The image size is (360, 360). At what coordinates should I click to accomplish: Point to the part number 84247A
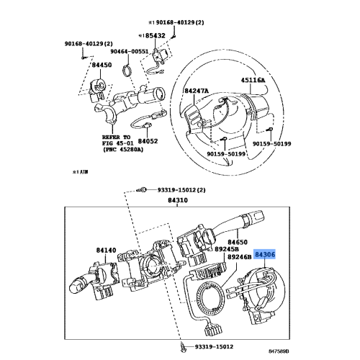pos(197,91)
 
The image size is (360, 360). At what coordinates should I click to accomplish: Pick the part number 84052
pos(148,141)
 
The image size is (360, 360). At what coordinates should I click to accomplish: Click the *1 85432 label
pos(151,34)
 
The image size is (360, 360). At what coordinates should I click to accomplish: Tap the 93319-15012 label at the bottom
pos(224,347)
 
